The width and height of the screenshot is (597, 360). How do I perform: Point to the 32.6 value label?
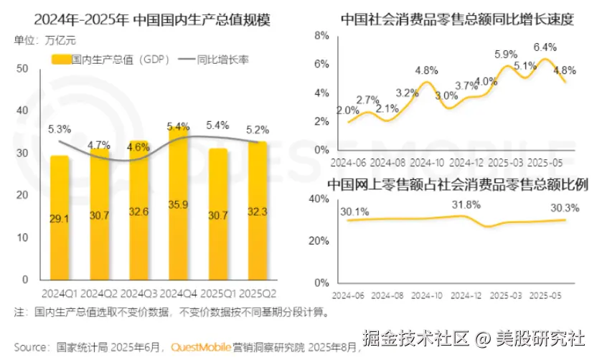pyautogui.click(x=138, y=212)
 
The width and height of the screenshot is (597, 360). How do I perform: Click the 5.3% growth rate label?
pyautogui.click(x=60, y=129)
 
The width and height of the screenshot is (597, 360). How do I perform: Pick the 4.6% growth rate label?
pyautogui.click(x=138, y=148)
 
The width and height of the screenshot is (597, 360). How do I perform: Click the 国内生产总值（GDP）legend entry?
pyautogui.click(x=111, y=60)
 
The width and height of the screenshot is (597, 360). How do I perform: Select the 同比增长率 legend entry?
pyautogui.click(x=218, y=60)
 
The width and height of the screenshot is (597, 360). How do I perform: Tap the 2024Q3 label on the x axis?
pyautogui.click(x=138, y=294)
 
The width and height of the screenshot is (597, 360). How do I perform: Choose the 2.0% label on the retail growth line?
pyautogui.click(x=348, y=110)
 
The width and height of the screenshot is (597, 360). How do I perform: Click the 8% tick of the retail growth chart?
pyautogui.click(x=321, y=35)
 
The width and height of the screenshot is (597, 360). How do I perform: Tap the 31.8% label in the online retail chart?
pyautogui.click(x=467, y=206)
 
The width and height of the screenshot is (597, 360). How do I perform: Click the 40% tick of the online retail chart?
pyautogui.click(x=318, y=199)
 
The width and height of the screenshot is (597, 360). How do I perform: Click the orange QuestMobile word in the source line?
pyautogui.click(x=201, y=346)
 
